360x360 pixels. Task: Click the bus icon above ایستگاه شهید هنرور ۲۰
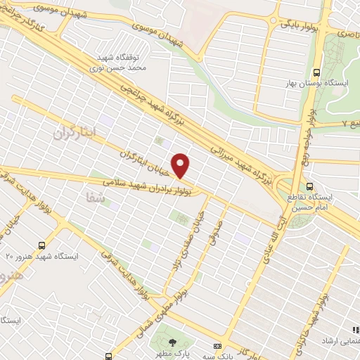click(44, 245)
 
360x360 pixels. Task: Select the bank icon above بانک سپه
click(217, 347)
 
